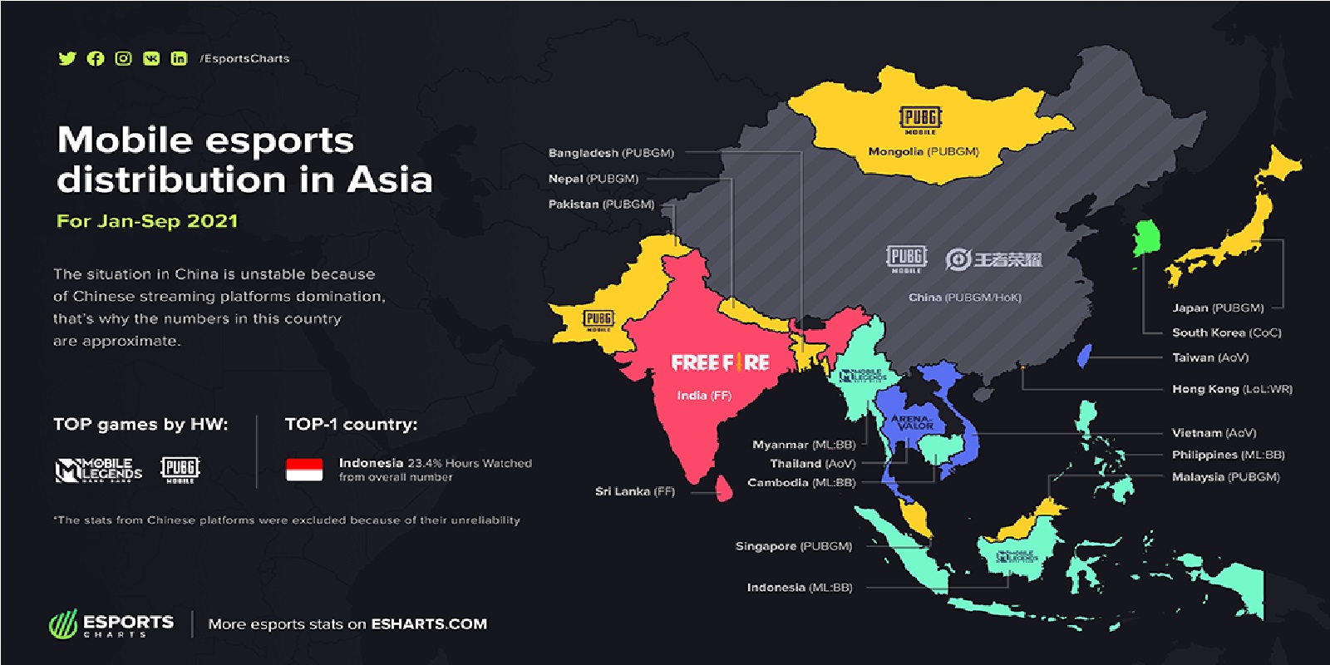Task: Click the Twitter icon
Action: click(x=67, y=58)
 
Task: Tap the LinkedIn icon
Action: click(x=179, y=58)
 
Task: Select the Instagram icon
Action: click(x=123, y=58)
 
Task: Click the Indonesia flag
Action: click(x=304, y=470)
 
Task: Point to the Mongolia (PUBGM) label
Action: click(x=924, y=152)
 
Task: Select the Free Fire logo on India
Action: click(x=720, y=362)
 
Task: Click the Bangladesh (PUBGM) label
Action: click(x=611, y=153)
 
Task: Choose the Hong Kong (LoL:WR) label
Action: click(x=1232, y=389)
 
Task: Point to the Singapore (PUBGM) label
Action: click(x=794, y=546)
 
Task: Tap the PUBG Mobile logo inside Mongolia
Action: click(x=920, y=119)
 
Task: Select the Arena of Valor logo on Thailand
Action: click(x=913, y=422)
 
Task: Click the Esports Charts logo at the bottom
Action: click(x=112, y=624)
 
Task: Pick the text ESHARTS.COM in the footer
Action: click(x=429, y=624)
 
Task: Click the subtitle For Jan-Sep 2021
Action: click(x=147, y=221)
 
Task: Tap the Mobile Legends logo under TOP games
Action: click(x=99, y=470)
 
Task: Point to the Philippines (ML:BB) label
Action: click(x=1228, y=455)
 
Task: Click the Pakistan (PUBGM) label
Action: click(x=601, y=204)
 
